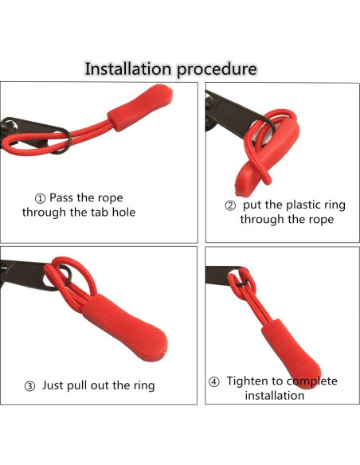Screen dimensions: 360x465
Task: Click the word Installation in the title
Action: point(128,68)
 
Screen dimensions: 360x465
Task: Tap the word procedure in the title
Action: point(217,70)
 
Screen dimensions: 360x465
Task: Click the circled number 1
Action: point(40,198)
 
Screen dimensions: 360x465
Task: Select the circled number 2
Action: point(230,205)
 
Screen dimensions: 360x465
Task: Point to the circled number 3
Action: point(29,386)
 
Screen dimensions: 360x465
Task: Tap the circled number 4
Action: point(213,382)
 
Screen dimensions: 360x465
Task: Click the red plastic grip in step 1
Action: point(140,107)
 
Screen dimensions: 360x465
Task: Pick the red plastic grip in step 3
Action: point(124,328)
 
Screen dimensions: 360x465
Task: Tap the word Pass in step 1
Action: point(61,197)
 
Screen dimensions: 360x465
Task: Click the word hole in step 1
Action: point(123,213)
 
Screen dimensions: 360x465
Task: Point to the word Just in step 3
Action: point(53,385)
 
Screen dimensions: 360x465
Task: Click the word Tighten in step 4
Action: point(249,381)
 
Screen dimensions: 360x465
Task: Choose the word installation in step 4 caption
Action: point(275,396)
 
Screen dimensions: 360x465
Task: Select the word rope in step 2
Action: point(322,220)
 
